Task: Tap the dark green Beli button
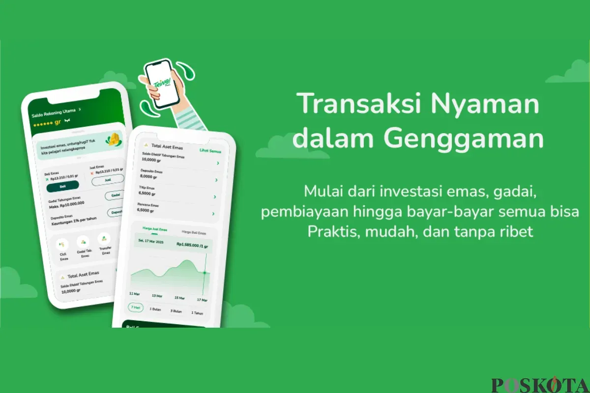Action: point(62,186)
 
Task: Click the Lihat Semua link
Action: point(210,151)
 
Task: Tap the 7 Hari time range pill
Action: point(135,308)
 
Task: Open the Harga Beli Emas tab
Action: point(194,232)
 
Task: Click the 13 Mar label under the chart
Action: point(157,296)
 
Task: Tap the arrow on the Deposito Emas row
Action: point(215,180)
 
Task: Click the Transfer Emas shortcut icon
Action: point(103,239)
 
